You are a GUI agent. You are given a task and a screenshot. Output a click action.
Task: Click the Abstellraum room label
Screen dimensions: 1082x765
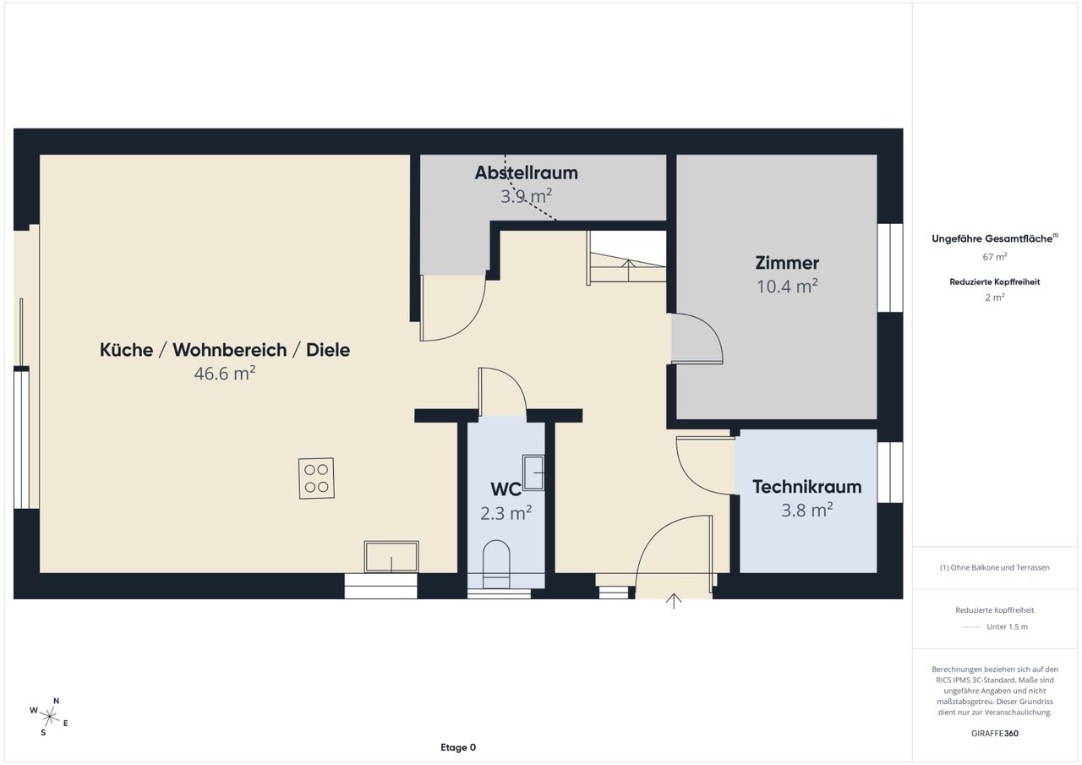point(526,173)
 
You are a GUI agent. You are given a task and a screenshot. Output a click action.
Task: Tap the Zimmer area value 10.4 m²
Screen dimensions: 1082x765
point(787,287)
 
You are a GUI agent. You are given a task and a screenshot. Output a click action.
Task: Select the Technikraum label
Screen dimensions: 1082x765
point(806,487)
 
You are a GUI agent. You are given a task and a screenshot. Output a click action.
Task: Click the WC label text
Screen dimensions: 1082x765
point(505,489)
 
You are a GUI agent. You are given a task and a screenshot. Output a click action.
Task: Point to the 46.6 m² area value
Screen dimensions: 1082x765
point(225,374)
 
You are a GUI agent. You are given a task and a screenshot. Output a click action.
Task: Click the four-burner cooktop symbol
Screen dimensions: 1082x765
point(316,478)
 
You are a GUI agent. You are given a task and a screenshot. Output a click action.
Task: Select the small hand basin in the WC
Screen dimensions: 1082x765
point(533,473)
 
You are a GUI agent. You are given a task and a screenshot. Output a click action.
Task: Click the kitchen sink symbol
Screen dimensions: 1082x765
point(391,557)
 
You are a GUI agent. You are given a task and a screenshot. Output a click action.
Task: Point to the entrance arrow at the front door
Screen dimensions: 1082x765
point(674,601)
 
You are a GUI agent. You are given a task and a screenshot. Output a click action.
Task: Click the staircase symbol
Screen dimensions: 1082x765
point(627,258)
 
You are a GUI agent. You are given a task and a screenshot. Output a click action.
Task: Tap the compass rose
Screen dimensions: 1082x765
point(49,717)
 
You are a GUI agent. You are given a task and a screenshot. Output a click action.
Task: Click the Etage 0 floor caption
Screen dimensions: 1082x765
point(458,747)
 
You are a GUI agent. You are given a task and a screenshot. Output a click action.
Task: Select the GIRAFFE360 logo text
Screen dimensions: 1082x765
point(995,733)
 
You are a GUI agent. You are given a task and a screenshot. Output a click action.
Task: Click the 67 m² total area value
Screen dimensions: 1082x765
point(995,256)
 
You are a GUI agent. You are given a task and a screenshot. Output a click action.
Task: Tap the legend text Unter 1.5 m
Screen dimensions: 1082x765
point(1007,626)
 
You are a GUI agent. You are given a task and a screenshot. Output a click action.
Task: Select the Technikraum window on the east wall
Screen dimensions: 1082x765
point(890,473)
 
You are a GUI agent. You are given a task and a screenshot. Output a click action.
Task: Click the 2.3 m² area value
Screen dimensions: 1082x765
point(505,513)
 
